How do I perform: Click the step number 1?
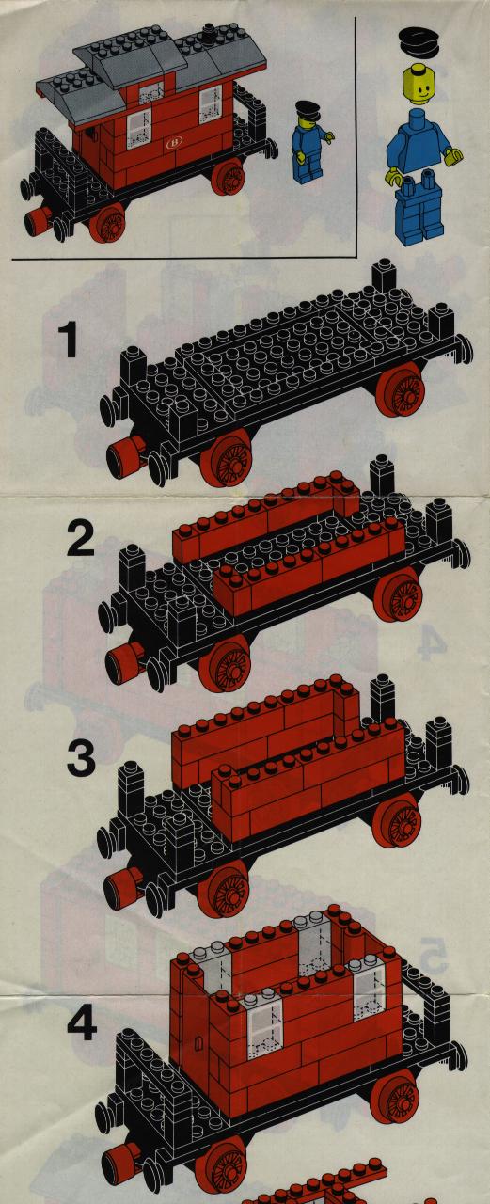70,340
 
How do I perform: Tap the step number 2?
81,540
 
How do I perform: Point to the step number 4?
82,1022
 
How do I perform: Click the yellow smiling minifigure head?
420,85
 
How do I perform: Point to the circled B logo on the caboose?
174,143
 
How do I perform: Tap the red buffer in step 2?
123,661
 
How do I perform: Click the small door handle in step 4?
198,1045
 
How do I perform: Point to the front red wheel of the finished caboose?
108,223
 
